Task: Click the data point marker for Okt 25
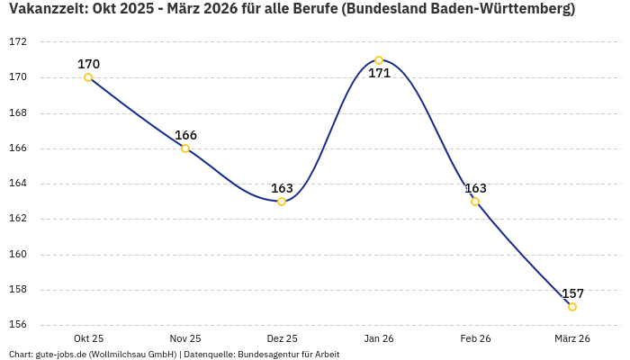point(88,77)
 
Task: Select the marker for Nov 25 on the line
point(185,148)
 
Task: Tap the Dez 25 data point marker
point(282,202)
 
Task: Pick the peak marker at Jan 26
point(379,60)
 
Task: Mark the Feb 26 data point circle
point(475,202)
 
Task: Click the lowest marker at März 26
point(572,307)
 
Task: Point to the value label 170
point(88,64)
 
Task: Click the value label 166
point(185,135)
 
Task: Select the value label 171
point(379,73)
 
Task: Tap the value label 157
point(572,293)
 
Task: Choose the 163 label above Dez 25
point(282,188)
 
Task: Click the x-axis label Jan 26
point(379,338)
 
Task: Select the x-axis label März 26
point(572,338)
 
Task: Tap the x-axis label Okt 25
point(88,338)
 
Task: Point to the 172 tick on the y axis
point(18,42)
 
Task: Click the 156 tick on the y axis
point(18,325)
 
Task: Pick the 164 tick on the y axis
point(18,184)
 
